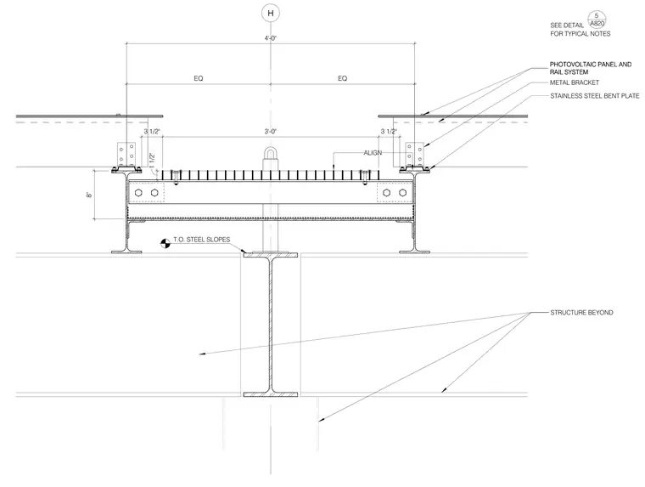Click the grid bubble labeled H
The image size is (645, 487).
click(270, 14)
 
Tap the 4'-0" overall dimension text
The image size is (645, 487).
click(270, 38)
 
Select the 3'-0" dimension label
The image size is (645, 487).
click(270, 132)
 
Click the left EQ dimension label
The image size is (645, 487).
click(199, 78)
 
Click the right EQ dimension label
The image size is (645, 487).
click(342, 78)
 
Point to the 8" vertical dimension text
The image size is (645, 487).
click(89, 195)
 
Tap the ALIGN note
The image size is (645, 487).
click(373, 153)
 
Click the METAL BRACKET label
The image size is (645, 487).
click(575, 82)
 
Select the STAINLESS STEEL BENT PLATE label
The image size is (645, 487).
click(595, 96)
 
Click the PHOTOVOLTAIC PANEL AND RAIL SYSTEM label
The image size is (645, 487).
click(591, 68)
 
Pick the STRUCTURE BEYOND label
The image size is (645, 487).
click(581, 313)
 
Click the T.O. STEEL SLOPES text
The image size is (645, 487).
click(202, 240)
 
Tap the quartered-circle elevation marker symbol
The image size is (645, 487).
click(165, 243)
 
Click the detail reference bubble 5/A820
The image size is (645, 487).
click(597, 20)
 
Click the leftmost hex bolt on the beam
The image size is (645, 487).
click(138, 193)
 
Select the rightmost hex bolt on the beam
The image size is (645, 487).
click(403, 193)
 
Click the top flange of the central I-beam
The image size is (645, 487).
click(270, 255)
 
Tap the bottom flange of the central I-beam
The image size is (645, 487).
click(270, 394)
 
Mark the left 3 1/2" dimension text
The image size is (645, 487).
click(152, 132)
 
